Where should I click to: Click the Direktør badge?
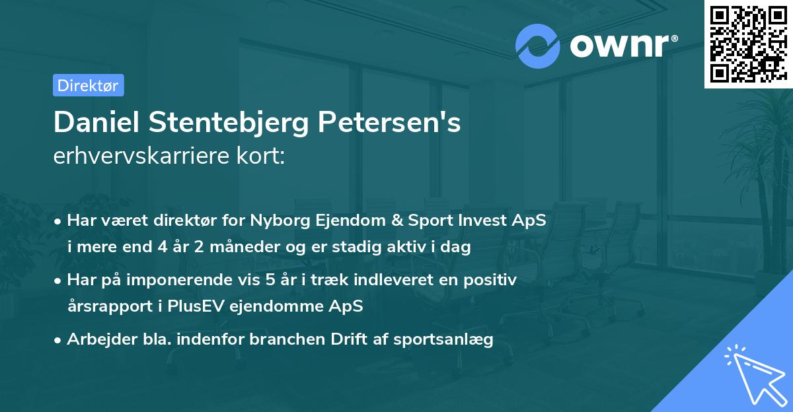coord(88,85)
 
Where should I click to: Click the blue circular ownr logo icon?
coord(537,46)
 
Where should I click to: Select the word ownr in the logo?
coord(621,46)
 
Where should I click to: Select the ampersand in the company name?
coord(383,220)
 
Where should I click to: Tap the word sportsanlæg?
coord(452,339)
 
